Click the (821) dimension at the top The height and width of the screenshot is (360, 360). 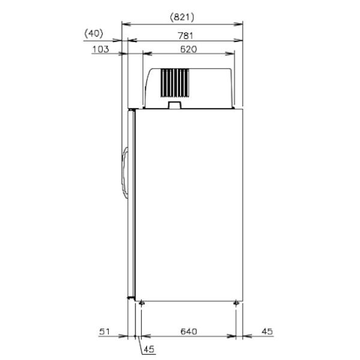[182, 17]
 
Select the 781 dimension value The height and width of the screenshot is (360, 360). [185, 36]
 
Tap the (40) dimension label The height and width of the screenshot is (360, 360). [94, 34]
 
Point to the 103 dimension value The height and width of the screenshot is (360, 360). [101, 49]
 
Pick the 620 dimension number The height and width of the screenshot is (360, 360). [188, 49]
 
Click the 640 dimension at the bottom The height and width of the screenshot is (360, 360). [189, 332]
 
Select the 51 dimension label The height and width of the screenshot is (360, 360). [104, 332]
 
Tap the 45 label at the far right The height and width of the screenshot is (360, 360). [267, 332]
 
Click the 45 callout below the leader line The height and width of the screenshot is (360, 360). [149, 349]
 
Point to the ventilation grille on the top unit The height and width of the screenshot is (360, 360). [175, 83]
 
